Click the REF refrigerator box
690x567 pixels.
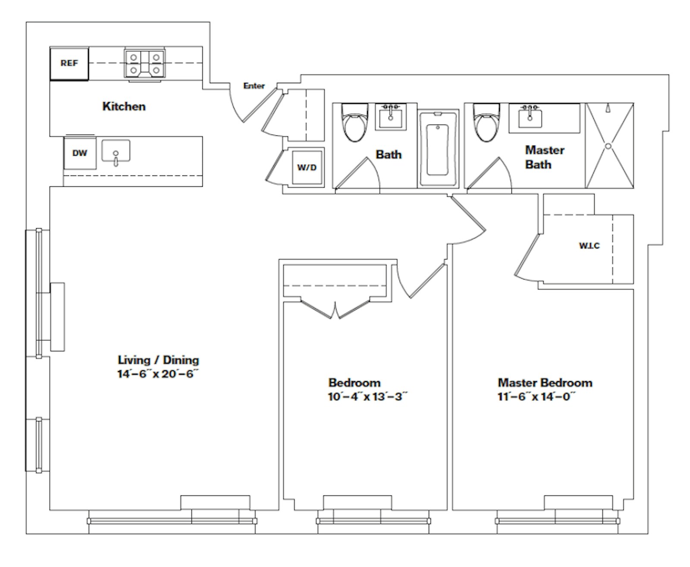point(69,63)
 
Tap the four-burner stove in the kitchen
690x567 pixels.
point(144,63)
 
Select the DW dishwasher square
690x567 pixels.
point(80,153)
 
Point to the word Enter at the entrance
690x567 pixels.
point(254,86)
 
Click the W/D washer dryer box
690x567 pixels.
point(307,168)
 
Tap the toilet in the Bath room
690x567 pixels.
point(354,122)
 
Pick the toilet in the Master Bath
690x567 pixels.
point(486,122)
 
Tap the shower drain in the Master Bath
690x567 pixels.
point(608,146)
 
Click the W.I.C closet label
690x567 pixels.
point(589,246)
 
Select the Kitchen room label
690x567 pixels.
point(124,107)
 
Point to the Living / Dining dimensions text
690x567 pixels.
point(158,374)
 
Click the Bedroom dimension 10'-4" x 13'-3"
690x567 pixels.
point(368,397)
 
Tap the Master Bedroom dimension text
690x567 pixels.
point(536,397)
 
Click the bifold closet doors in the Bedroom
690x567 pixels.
point(336,309)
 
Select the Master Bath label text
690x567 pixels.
point(545,157)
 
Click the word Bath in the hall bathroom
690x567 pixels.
point(389,154)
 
